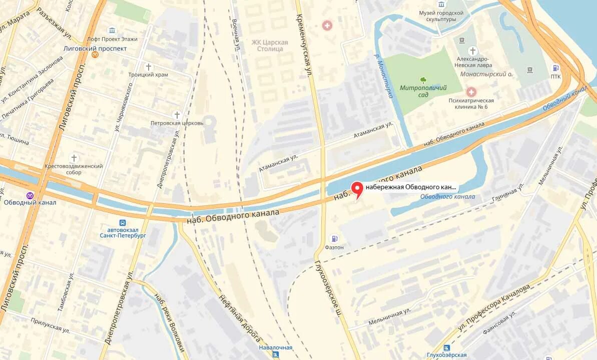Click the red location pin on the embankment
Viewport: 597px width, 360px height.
pos(357,189)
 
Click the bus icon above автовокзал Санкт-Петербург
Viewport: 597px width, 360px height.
pos(122,222)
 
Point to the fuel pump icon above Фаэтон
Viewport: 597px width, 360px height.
pos(334,239)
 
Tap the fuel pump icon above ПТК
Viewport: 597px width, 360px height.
pos(555,68)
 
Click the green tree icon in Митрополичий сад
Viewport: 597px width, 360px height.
pos(423,80)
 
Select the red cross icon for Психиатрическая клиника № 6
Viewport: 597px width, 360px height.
pos(471,92)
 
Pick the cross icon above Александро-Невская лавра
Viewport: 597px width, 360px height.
pos(473,51)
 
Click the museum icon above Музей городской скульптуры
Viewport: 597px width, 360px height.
pos(441,5)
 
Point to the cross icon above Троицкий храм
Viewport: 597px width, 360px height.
pos(148,67)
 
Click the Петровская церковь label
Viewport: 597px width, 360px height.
pos(177,123)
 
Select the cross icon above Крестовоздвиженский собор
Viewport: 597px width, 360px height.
pos(74,158)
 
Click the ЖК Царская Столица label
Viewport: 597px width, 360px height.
pos(270,46)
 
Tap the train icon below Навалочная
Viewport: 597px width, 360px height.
pos(275,355)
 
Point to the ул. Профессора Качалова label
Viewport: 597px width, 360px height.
pos(493,308)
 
